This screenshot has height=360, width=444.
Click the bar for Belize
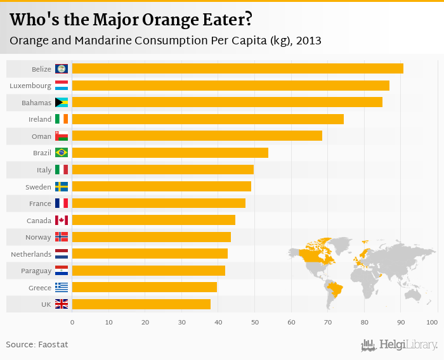pos(237,68)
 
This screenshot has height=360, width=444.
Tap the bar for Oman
pos(197,136)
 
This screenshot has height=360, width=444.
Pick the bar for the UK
pos(141,304)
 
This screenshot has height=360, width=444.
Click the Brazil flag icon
pos(62,152)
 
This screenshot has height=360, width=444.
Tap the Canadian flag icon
pos(62,220)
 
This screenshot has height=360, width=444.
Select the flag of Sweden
pos(62,186)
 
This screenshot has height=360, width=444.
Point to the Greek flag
pos(62,287)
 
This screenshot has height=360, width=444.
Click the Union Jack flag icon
pos(62,304)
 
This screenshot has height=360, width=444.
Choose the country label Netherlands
pos(31,254)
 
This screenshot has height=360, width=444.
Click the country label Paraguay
pos(36,271)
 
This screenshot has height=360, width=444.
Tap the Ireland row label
pos(40,119)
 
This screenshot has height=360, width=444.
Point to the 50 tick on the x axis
pos(255,323)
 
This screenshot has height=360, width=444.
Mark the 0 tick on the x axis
pos(72,323)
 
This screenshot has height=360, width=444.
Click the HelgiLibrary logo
pos(399,345)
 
